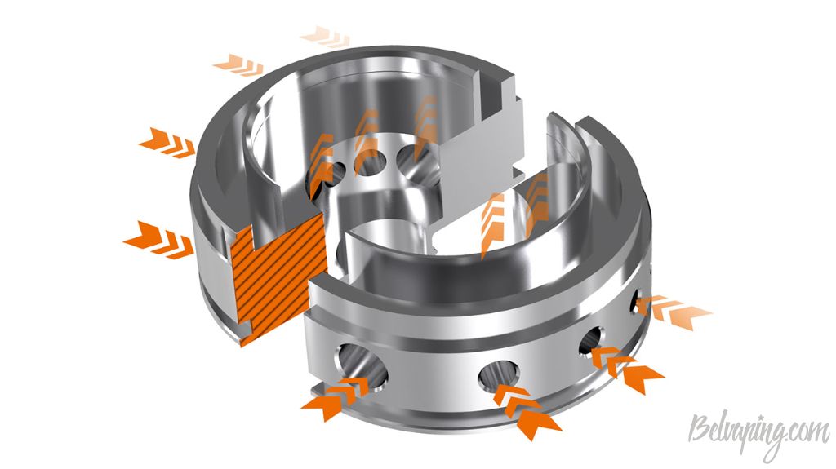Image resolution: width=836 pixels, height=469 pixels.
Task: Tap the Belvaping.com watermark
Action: pyautogui.click(x=758, y=431)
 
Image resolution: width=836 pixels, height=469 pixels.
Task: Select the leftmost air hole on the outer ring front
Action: pyautogui.click(x=361, y=365)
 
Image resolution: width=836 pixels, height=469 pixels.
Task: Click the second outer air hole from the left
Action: pyautogui.click(x=499, y=375)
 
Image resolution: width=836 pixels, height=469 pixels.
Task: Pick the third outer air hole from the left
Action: pyautogui.click(x=591, y=340)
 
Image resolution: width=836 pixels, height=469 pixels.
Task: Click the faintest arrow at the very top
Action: pyautogui.click(x=325, y=36)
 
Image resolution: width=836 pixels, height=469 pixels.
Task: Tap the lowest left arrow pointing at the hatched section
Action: pyautogui.click(x=158, y=240)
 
